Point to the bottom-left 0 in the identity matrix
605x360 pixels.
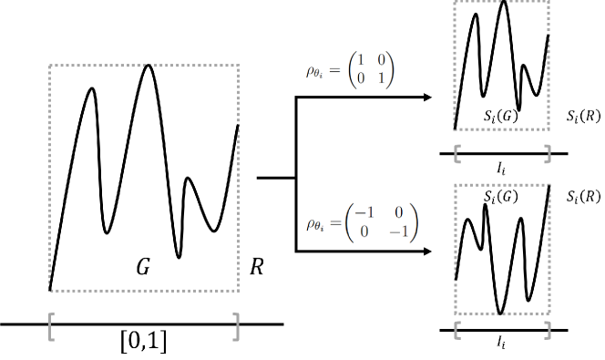(x=362, y=78)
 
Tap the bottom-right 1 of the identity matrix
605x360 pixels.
(x=381, y=78)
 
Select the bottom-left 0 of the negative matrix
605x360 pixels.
(x=364, y=231)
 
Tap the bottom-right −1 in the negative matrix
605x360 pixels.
(x=398, y=231)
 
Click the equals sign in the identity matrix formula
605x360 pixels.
(x=336, y=70)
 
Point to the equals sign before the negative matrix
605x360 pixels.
(x=336, y=223)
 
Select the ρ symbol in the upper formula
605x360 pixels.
(x=312, y=70)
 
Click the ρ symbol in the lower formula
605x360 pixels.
(x=312, y=223)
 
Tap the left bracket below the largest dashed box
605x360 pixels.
(x=51, y=325)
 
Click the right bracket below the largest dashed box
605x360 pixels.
(x=236, y=325)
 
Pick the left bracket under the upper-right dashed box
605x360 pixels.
(x=456, y=154)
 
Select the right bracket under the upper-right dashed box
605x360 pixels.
(x=548, y=154)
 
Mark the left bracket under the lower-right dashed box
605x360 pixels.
(x=456, y=329)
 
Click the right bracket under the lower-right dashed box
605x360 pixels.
(x=548, y=329)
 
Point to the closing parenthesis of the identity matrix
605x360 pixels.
(x=392, y=70)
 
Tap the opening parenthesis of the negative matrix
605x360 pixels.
(x=349, y=223)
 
